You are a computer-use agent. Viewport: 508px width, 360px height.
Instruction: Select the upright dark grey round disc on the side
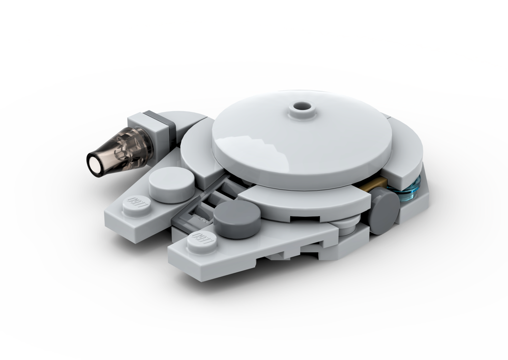385,209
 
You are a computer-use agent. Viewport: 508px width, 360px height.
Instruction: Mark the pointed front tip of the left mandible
110,220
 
